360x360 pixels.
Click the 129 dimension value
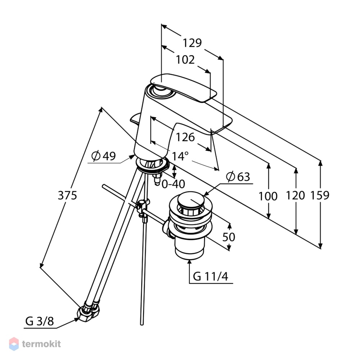click(x=192, y=43)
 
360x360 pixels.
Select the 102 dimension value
click(x=185, y=60)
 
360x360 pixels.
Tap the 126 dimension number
click(x=185, y=137)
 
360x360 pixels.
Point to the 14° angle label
click(x=180, y=156)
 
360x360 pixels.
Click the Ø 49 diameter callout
click(x=104, y=156)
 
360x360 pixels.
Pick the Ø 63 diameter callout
click(x=238, y=177)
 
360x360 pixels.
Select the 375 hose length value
click(x=67, y=195)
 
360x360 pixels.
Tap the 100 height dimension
click(x=268, y=196)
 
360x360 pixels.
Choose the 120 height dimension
click(x=296, y=195)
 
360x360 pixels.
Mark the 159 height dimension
click(x=320, y=195)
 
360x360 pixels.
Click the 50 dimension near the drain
click(x=229, y=237)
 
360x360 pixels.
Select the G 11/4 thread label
click(x=211, y=276)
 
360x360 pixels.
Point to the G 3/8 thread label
click(x=40, y=321)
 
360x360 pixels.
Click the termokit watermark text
click(x=41, y=344)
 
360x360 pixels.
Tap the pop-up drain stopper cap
click(x=191, y=200)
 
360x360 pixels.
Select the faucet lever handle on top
click(x=184, y=87)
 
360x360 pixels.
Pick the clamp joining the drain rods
click(x=143, y=207)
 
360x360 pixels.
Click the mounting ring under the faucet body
click(x=152, y=165)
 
